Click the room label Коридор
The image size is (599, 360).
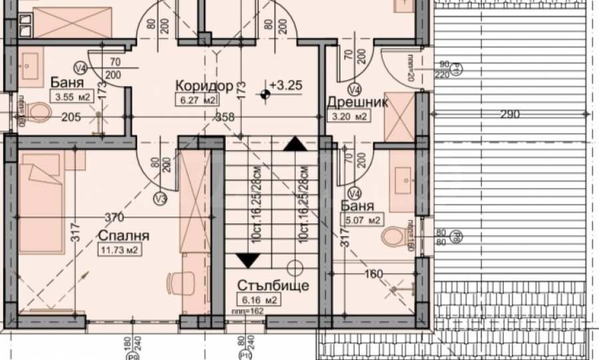(204, 86)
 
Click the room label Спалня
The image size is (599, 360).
(123, 236)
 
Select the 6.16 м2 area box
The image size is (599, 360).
(261, 301)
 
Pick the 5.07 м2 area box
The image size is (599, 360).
(362, 221)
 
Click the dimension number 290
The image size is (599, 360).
(510, 115)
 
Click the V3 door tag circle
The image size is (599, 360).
(159, 198)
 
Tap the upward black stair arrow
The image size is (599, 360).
(294, 143)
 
